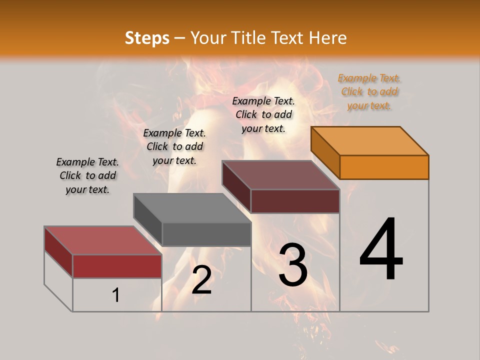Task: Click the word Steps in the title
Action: [147, 38]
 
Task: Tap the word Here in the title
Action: [328, 38]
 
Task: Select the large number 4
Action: [381, 249]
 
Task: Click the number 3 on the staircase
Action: [293, 265]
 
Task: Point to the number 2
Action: [201, 280]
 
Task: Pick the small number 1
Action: [116, 295]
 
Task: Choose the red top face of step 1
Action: [102, 240]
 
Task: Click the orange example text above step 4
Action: [369, 91]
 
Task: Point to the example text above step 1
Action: [87, 175]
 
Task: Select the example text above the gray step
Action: [174, 146]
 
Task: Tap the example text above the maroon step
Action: [263, 114]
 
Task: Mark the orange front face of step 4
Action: [384, 167]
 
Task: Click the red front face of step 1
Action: [117, 266]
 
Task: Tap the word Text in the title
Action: [289, 38]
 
